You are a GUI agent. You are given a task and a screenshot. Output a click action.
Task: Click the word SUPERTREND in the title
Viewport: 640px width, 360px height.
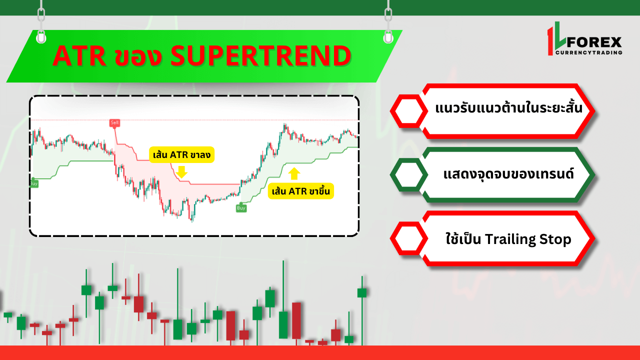(261, 55)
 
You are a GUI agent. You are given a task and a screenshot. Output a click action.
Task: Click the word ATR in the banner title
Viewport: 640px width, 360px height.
(79, 56)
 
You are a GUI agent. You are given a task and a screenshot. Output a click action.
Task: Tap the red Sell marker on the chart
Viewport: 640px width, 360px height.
(114, 123)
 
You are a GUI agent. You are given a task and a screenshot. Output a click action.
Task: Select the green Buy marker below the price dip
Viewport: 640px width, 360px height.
(241, 208)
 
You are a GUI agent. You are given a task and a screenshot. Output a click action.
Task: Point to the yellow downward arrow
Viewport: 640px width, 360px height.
(181, 172)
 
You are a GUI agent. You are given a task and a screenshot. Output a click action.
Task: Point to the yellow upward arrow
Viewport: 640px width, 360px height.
(294, 173)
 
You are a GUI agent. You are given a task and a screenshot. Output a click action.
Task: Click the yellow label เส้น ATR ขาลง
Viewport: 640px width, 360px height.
(181, 155)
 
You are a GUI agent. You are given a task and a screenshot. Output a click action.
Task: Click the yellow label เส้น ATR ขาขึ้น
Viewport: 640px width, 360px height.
(301, 191)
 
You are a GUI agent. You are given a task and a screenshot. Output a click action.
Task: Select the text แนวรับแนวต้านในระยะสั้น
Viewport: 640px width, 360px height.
(509, 107)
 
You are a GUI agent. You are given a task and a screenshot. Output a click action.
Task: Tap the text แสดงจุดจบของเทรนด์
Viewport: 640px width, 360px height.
(509, 173)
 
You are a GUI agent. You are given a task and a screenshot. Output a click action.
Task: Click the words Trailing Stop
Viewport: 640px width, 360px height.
(528, 239)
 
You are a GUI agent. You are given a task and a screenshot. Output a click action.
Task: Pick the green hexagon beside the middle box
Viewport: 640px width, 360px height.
(409, 174)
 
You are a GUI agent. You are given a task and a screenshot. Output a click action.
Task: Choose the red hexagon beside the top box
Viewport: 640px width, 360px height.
(409, 111)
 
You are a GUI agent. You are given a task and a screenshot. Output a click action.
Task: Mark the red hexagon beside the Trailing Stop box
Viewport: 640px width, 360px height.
(409, 238)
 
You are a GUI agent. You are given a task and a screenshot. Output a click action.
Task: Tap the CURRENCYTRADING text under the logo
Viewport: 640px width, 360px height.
(589, 52)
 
